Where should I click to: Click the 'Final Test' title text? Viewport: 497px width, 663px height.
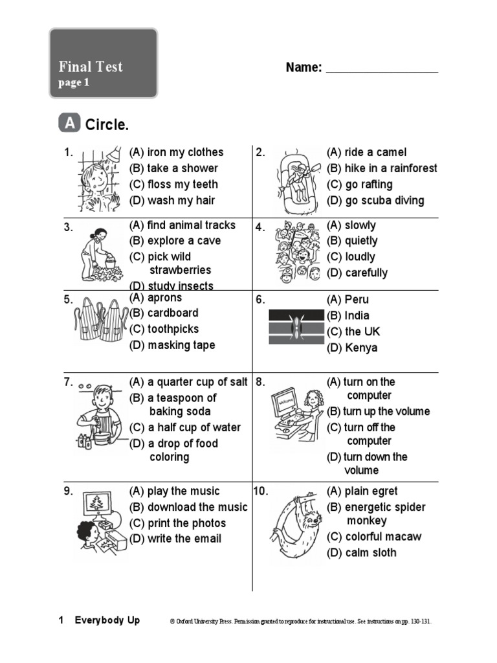click(91, 67)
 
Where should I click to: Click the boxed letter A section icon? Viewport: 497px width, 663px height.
click(69, 123)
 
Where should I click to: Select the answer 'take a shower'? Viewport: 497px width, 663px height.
click(173, 168)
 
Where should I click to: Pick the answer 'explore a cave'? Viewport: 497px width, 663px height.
click(175, 241)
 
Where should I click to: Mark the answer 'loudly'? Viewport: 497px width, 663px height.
click(351, 257)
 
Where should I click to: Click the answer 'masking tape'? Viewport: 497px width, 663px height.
click(172, 345)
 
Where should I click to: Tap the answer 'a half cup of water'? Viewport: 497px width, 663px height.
click(184, 427)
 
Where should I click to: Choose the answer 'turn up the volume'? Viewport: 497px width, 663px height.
click(378, 411)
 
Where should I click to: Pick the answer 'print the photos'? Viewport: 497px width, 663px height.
click(177, 523)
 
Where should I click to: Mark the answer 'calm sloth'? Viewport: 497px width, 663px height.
click(362, 552)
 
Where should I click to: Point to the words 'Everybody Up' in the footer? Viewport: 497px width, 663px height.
click(107, 620)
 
